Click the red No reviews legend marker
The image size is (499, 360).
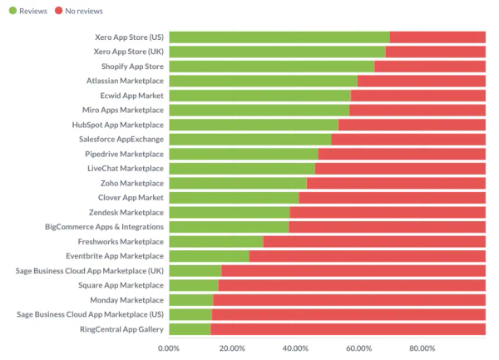(59, 10)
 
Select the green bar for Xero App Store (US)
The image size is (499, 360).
(279, 37)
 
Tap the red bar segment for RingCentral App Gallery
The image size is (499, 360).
(348, 329)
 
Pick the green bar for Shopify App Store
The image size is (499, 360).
(271, 67)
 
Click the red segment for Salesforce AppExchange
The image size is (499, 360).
(408, 139)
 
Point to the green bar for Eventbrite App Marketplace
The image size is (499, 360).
(209, 256)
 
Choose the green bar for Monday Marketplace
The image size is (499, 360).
(190, 300)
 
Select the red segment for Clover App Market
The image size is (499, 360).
(392, 198)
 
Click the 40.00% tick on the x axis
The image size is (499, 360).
(295, 348)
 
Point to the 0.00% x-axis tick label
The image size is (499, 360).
(169, 348)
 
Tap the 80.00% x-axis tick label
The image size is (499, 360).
(422, 348)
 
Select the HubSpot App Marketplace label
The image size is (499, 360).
(117, 125)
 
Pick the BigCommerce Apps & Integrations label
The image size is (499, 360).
(104, 227)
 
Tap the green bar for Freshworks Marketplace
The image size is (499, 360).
(215, 241)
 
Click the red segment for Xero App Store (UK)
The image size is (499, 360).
(435, 52)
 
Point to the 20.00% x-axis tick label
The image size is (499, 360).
(232, 348)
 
